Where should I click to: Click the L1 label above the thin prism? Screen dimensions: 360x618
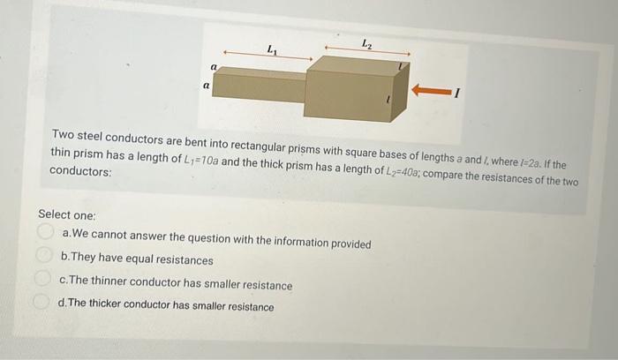click(271, 49)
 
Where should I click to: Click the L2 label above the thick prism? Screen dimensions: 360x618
click(366, 42)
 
